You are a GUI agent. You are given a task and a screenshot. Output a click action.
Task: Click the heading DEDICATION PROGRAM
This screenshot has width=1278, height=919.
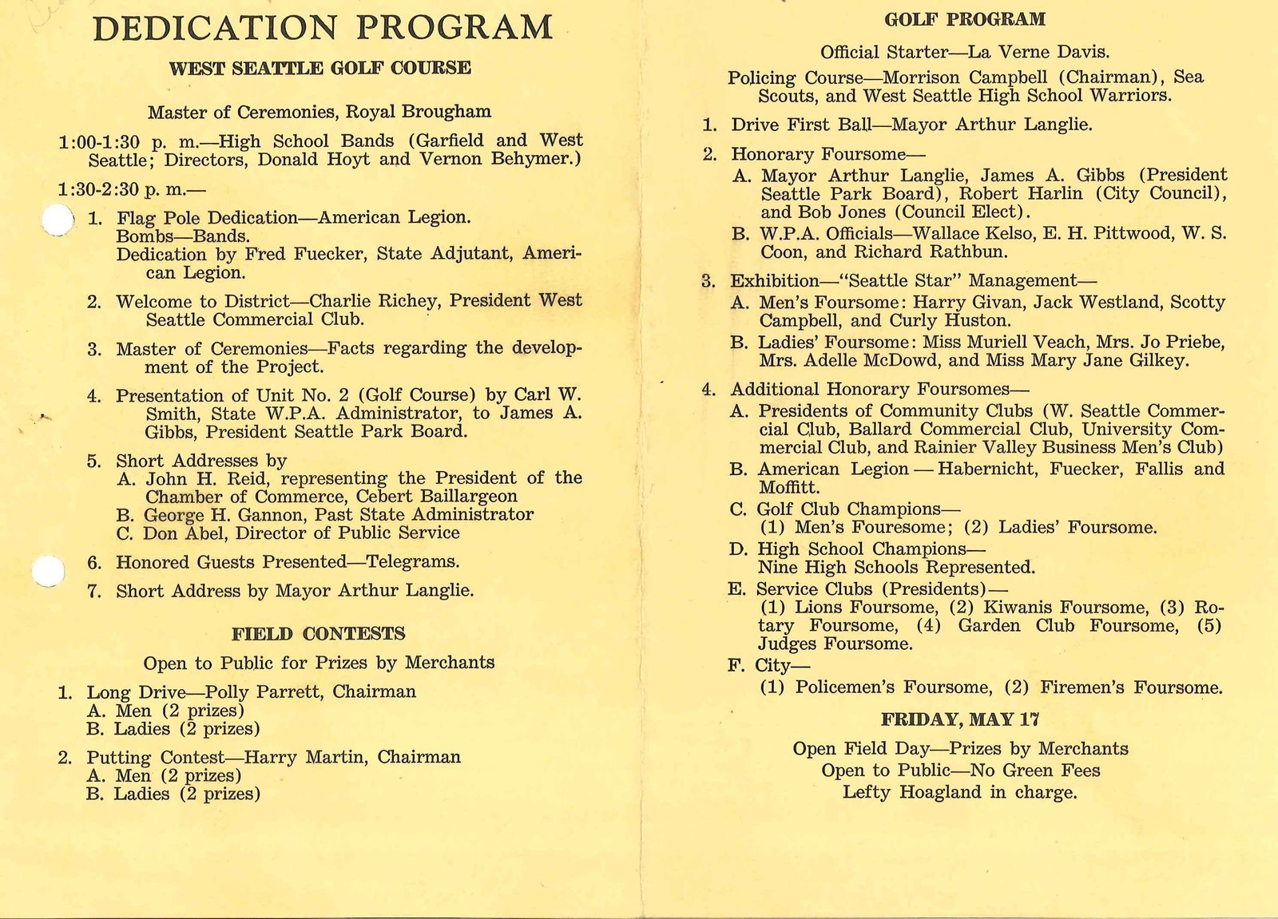tap(323, 28)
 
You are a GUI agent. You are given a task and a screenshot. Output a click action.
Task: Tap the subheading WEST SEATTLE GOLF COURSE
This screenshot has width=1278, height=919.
tap(319, 69)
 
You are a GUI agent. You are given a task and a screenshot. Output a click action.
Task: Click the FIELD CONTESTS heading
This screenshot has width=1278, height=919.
tap(318, 635)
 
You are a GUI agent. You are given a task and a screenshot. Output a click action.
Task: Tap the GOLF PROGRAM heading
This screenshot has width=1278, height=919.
tap(964, 20)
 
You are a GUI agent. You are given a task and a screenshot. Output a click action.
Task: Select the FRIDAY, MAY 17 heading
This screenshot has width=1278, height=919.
tap(959, 720)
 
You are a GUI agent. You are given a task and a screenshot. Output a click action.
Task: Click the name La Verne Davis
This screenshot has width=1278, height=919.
tap(1038, 53)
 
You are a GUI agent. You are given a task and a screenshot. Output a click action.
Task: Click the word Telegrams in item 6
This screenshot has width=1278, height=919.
tap(412, 562)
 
